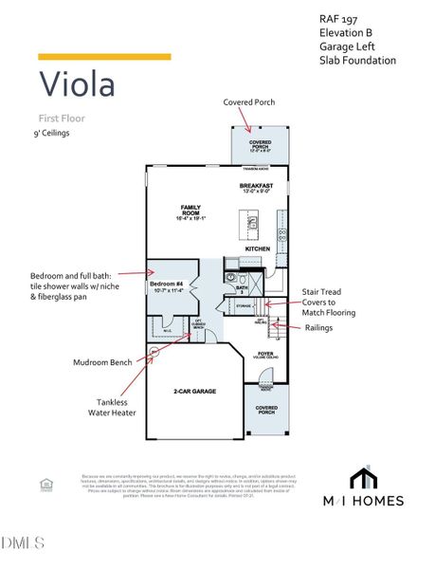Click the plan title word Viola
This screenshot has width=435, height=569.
coord(77,84)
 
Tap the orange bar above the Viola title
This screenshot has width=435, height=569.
coord(104,57)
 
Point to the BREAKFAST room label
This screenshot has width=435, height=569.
coord(256,186)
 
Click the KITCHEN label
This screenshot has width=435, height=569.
coord(259,248)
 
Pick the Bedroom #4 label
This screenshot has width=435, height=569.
coord(167,284)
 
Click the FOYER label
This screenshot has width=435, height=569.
coord(264,354)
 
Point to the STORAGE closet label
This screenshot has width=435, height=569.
coord(244,306)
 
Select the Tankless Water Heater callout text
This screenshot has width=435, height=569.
coord(108,407)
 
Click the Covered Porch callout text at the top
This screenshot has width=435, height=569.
coord(249,101)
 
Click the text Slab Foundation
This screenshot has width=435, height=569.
coord(357,61)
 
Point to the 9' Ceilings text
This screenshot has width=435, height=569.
coord(51,134)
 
